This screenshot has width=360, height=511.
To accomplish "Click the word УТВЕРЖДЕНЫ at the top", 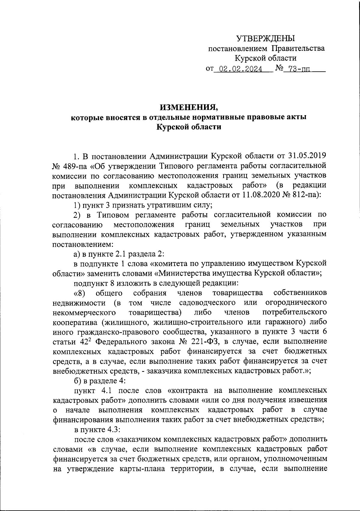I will pos(265,38).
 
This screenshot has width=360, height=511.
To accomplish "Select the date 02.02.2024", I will pos(240,70).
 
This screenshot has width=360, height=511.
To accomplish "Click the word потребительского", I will pos(295,312).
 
